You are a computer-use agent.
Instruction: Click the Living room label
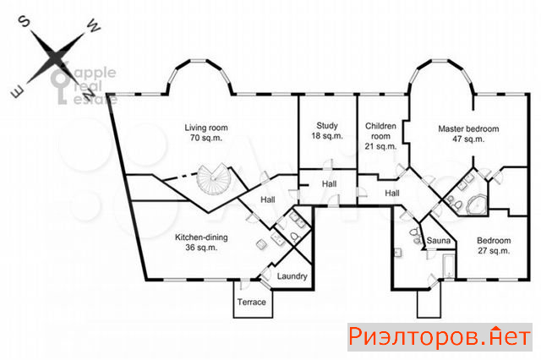pos(206,133)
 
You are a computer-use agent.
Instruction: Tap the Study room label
pos(327,131)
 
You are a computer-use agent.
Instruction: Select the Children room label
pos(380,136)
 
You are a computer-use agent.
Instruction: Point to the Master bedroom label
pos(468,134)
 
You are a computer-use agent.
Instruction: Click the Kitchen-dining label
pos(201,242)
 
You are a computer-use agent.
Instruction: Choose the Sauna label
pos(439,240)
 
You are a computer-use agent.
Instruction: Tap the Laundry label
pos(292,276)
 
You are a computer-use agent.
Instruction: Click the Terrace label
pos(252,302)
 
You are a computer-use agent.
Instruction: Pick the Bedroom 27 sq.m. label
pos(494,245)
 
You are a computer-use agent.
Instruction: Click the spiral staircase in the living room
pos(214,179)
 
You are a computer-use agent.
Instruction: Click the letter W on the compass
pos(93,26)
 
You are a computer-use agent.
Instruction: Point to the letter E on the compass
pos(17,92)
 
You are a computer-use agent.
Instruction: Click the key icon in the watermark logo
pos(61,85)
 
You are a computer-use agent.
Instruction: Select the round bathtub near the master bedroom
pos(476,205)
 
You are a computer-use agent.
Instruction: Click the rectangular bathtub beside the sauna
pos(449,266)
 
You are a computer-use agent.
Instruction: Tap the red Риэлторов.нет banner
pos(440,337)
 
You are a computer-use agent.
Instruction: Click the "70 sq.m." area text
pos(206,138)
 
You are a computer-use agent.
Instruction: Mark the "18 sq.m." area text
pos(327,136)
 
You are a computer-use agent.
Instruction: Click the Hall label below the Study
pos(329,183)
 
